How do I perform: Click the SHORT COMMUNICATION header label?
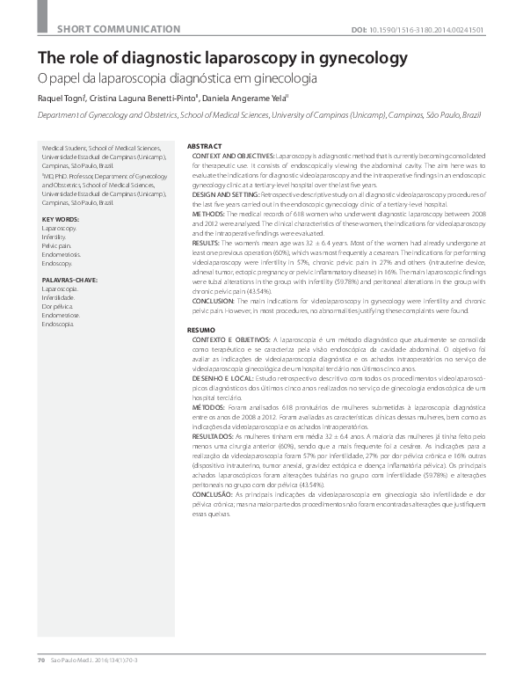(115, 30)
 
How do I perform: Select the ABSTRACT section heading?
(205, 145)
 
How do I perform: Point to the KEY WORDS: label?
(61, 218)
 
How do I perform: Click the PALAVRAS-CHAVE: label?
(69, 277)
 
